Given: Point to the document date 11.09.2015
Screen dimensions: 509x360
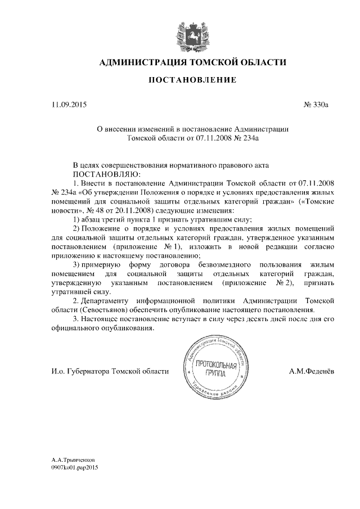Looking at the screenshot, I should tap(70, 105).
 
